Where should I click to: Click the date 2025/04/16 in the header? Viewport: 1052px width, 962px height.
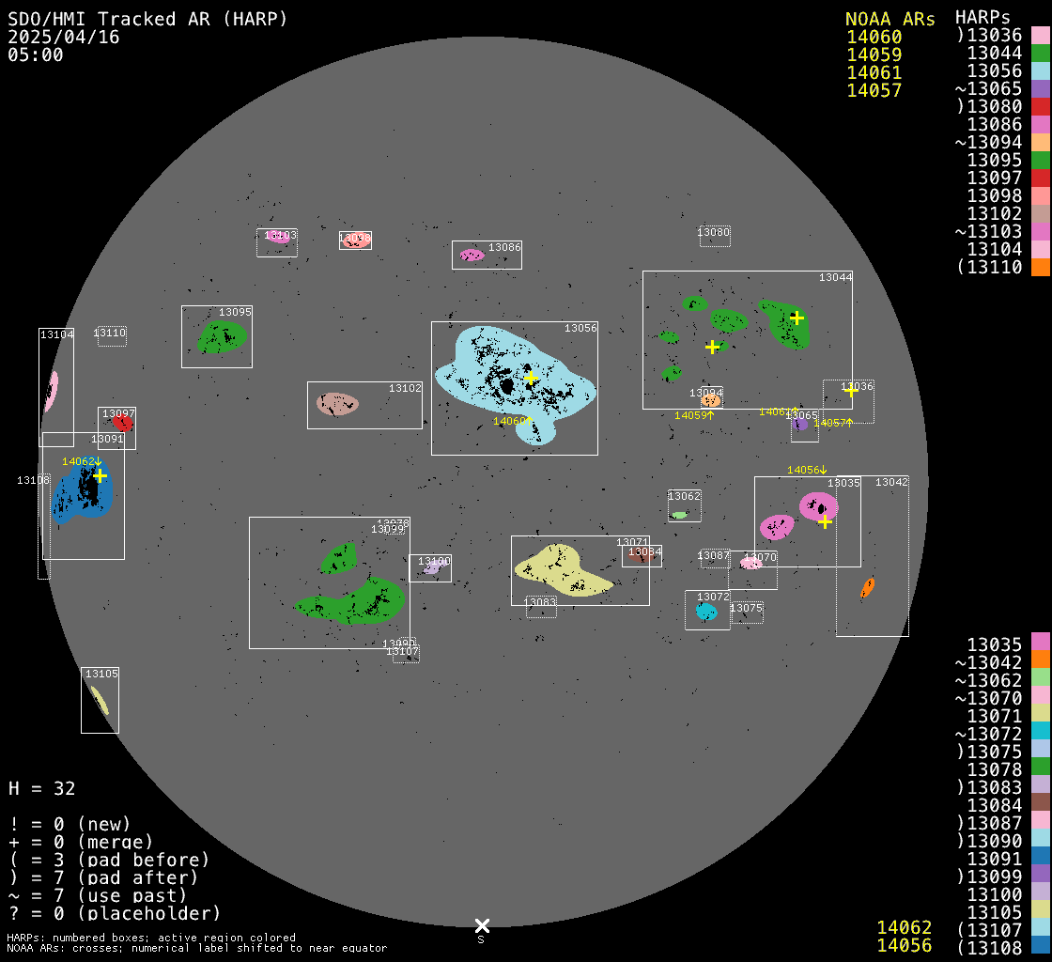point(54,37)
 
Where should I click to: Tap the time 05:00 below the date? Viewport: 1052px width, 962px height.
point(35,54)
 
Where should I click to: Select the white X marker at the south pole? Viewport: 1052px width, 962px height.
point(482,926)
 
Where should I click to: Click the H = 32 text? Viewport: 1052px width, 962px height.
point(42,788)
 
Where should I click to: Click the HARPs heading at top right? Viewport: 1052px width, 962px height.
point(982,17)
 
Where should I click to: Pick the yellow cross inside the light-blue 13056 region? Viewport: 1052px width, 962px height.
point(531,378)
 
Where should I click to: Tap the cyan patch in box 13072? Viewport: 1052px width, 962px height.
point(705,612)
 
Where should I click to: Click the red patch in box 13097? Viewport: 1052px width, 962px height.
point(122,424)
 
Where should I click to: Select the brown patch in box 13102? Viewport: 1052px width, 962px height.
point(336,404)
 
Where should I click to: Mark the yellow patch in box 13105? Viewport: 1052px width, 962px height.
point(99,700)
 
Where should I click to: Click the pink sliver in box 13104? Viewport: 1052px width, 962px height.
point(51,390)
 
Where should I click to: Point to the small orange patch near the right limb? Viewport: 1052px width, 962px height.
point(868,588)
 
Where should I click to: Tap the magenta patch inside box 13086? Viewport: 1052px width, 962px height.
point(472,255)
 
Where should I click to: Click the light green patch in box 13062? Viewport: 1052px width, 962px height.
point(679,515)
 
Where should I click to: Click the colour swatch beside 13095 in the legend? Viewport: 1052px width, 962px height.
point(1040,161)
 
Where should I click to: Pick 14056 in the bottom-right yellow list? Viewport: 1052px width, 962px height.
point(905,945)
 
